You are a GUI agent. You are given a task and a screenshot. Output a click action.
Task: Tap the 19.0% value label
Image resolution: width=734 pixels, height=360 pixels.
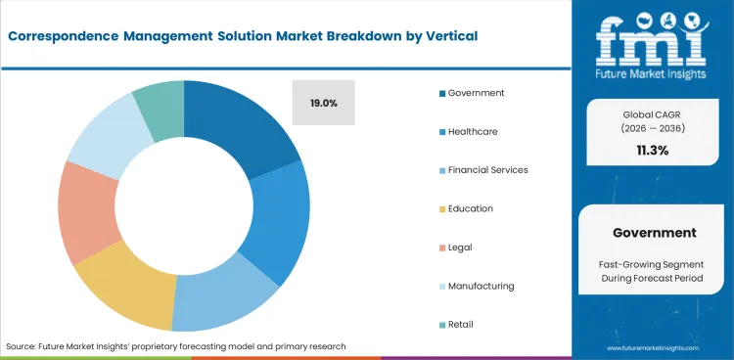point(323,102)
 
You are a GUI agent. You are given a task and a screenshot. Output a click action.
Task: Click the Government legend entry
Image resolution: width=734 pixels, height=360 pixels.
point(476,93)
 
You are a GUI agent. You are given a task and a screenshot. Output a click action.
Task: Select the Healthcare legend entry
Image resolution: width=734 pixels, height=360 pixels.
point(475,131)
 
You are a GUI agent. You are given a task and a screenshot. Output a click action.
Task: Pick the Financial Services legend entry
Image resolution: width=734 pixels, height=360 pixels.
point(487,169)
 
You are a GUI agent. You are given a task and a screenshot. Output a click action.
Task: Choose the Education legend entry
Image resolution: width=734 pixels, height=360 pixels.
point(471,208)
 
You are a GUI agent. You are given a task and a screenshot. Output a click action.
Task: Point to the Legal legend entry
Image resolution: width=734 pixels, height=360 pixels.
point(460,247)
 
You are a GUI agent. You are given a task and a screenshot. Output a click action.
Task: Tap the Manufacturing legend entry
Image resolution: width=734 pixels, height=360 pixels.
point(481,286)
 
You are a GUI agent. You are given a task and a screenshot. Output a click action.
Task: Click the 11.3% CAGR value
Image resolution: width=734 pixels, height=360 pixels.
point(654,150)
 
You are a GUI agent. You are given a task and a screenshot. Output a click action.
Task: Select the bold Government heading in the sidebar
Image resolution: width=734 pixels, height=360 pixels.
point(654,233)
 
